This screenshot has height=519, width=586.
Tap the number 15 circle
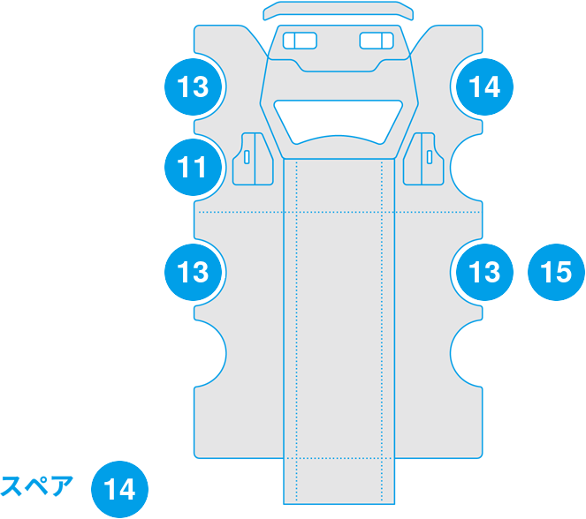(x=556, y=272)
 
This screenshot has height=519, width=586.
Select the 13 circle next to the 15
(x=484, y=272)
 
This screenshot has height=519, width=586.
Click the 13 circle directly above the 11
(x=193, y=87)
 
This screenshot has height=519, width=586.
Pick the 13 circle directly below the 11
(x=193, y=272)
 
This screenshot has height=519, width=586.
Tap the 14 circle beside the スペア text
(x=120, y=488)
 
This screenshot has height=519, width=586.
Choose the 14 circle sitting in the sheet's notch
(x=484, y=87)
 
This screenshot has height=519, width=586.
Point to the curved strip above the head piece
(x=339, y=11)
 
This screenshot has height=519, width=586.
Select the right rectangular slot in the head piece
(x=377, y=41)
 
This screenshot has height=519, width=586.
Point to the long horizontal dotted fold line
(x=239, y=213)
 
